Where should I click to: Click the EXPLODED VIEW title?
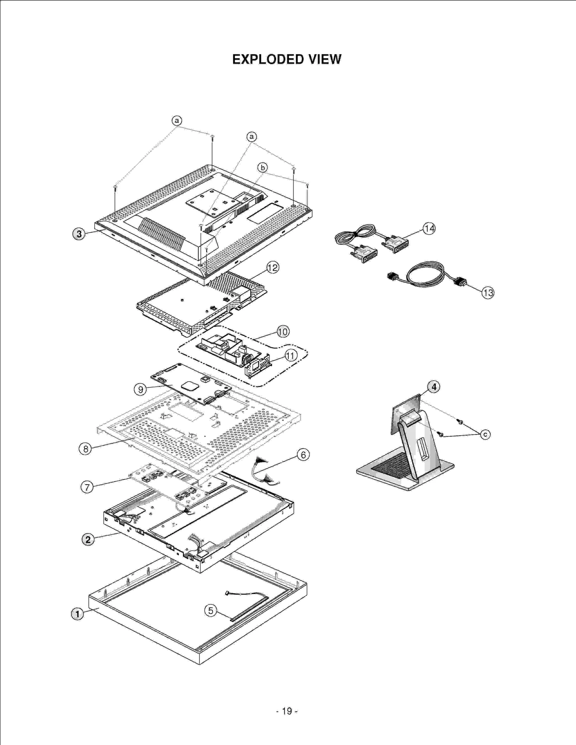(x=287, y=59)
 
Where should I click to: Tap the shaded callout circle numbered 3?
(x=79, y=234)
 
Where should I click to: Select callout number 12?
(x=273, y=268)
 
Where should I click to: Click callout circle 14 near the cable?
(x=429, y=228)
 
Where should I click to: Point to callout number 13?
(x=488, y=293)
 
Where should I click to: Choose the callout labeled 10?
(x=283, y=332)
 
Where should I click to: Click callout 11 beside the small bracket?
(x=291, y=356)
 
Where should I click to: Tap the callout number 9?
(x=140, y=389)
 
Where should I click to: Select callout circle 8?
(x=85, y=449)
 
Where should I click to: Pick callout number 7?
(x=87, y=487)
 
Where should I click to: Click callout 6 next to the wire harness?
(x=303, y=455)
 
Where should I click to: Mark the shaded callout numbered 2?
(x=88, y=540)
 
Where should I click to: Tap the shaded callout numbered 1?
(x=77, y=614)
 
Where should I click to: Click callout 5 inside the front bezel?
(x=211, y=610)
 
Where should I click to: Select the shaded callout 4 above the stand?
(x=434, y=387)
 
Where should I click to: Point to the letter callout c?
(x=485, y=435)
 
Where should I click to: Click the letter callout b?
(x=262, y=168)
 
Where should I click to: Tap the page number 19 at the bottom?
(x=287, y=711)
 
